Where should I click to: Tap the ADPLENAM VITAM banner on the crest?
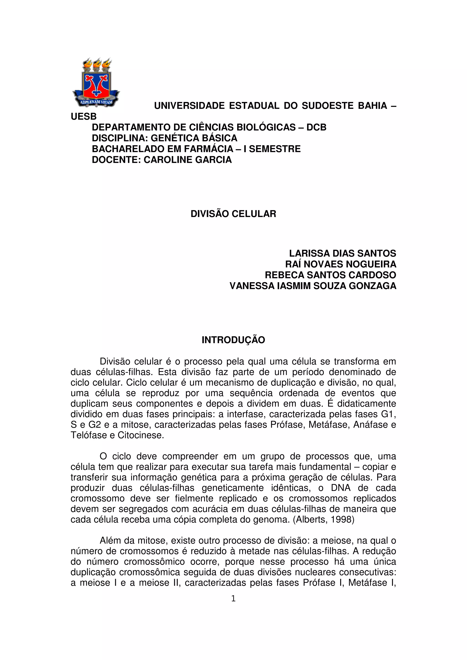[x=96, y=102]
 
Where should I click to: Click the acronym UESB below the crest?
[x=84, y=117]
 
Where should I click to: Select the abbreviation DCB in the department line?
[x=316, y=127]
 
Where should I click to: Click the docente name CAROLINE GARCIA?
[x=188, y=160]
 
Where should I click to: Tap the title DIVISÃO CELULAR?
[x=233, y=214]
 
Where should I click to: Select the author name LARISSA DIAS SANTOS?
[x=342, y=253]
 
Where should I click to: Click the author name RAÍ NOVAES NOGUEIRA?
[x=341, y=264]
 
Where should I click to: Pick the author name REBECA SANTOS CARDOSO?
[x=330, y=275]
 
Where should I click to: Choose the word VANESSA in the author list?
[x=252, y=286]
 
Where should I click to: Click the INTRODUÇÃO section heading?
[x=233, y=340]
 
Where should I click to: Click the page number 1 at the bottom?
[x=233, y=599]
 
